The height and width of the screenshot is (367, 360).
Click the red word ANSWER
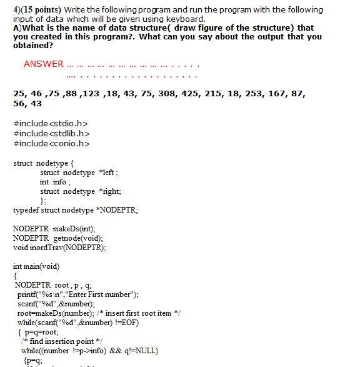(x=43, y=64)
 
